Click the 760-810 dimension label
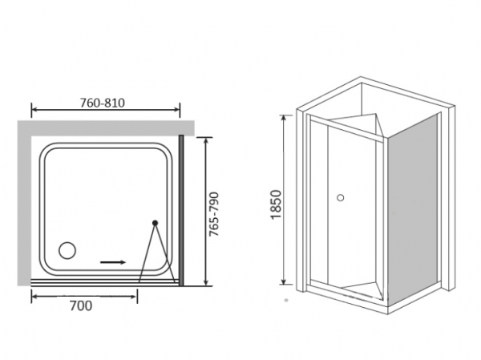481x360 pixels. (x=103, y=103)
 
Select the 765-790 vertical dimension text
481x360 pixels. (x=213, y=214)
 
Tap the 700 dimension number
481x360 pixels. (x=81, y=305)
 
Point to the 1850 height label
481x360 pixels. (x=276, y=204)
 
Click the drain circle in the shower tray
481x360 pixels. (x=67, y=250)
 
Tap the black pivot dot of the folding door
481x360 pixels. (x=156, y=223)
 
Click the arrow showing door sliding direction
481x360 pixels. (x=113, y=262)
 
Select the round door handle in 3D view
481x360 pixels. (x=340, y=197)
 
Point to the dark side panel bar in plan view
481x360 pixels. (x=181, y=210)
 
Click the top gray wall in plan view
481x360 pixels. (x=106, y=128)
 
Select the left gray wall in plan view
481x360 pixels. (x=24, y=203)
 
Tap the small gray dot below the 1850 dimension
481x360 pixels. (x=286, y=301)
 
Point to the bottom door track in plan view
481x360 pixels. (x=105, y=283)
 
